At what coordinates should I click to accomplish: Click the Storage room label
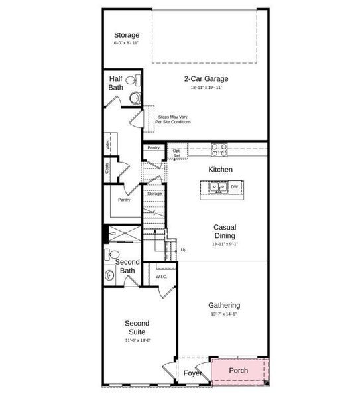[126, 35]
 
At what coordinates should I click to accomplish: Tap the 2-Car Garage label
[206, 78]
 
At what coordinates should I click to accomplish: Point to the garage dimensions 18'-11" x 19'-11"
[206, 88]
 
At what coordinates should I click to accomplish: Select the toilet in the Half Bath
[131, 81]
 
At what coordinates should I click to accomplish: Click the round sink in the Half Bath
[135, 98]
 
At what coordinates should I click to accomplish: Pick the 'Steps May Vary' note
[172, 119]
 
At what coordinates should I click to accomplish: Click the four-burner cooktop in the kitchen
[219, 149]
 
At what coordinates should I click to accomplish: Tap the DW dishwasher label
[234, 187]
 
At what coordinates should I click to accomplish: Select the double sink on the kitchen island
[219, 187]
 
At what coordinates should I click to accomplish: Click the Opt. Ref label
[176, 153]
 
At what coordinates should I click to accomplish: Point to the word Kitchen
[220, 170]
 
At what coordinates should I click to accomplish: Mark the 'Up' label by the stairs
[184, 249]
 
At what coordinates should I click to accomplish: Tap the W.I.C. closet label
[162, 276]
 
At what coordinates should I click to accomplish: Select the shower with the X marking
[124, 234]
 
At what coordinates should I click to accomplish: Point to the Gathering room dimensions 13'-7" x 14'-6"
[224, 314]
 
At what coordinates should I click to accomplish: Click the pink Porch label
[238, 370]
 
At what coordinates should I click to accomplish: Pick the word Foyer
[192, 373]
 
